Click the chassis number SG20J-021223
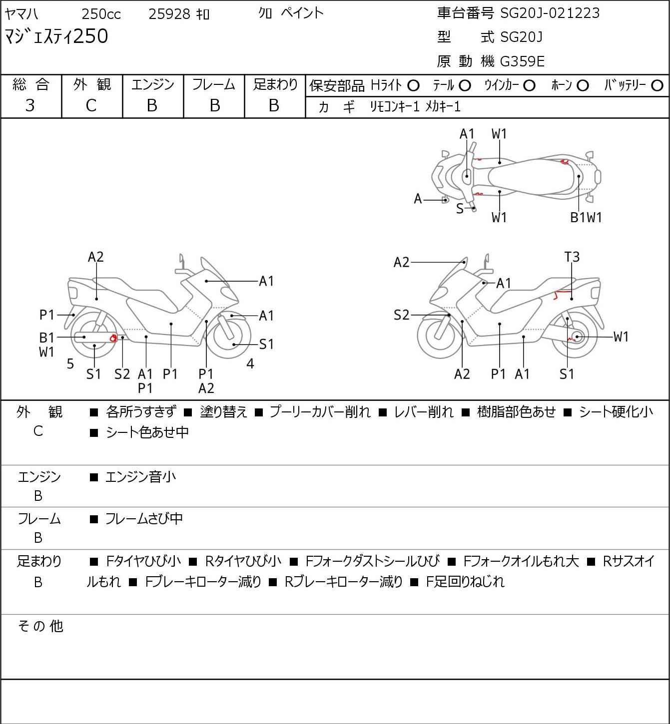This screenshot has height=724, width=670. [x=550, y=13]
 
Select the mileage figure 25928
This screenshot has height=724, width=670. [x=169, y=14]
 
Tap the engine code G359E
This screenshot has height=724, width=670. [x=522, y=61]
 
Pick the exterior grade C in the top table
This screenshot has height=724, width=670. [x=91, y=106]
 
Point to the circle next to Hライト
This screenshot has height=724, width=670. [x=413, y=86]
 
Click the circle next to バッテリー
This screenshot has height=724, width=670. [x=657, y=86]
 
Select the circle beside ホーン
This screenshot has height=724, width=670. [x=583, y=86]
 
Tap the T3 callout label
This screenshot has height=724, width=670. [x=572, y=257]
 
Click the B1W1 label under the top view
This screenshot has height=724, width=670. [x=586, y=218]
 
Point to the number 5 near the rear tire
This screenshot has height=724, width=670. [x=70, y=363]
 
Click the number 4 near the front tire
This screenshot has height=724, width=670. [x=250, y=363]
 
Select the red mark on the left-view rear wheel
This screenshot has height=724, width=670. [x=113, y=338]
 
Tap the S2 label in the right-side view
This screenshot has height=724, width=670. [x=401, y=315]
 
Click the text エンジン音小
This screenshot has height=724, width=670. [x=140, y=477]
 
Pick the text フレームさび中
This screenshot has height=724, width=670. [x=144, y=519]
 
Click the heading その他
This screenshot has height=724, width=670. [x=40, y=626]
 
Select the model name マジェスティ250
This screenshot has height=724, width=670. [x=56, y=36]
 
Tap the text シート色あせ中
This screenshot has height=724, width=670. [x=147, y=432]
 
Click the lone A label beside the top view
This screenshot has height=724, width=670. [x=418, y=199]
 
